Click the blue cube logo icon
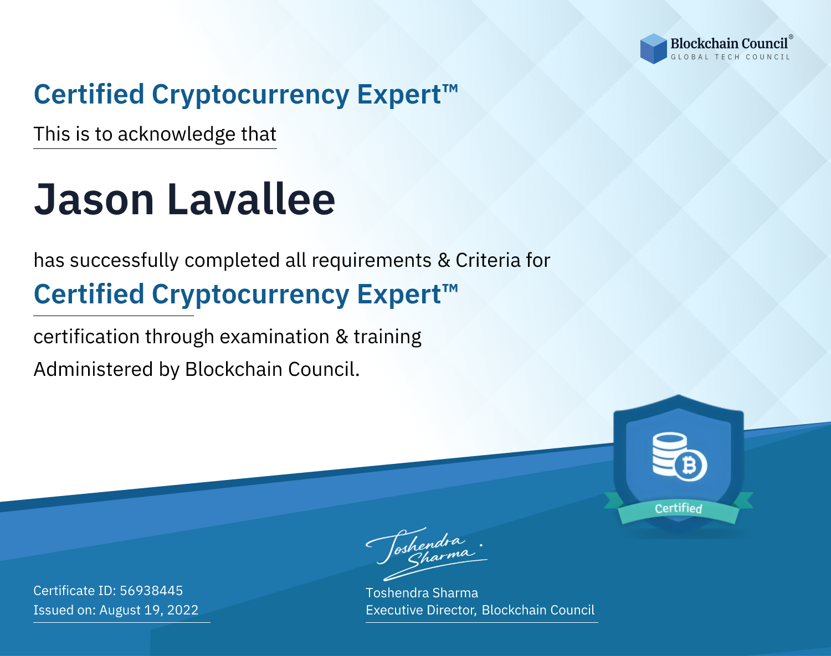pyautogui.click(x=653, y=49)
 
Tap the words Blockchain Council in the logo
pyautogui.click(x=729, y=44)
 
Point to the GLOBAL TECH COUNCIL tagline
pyautogui.click(x=731, y=57)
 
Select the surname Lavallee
pyautogui.click(x=251, y=199)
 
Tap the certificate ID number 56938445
pyautogui.click(x=151, y=590)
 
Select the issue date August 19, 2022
pyautogui.click(x=148, y=610)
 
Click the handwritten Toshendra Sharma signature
pyautogui.click(x=427, y=554)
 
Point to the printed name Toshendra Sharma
pyautogui.click(x=422, y=593)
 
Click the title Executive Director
pyautogui.click(x=420, y=610)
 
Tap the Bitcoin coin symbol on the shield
pyautogui.click(x=690, y=465)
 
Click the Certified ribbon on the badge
pyautogui.click(x=679, y=508)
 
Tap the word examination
pyautogui.click(x=275, y=337)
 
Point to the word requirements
pyautogui.click(x=372, y=261)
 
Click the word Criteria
pyautogui.click(x=488, y=260)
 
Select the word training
pyautogui.click(x=388, y=337)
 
